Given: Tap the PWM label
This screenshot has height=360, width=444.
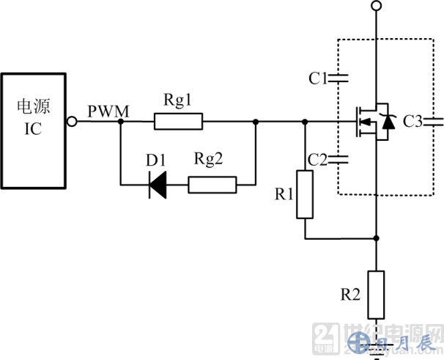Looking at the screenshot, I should [x=108, y=111].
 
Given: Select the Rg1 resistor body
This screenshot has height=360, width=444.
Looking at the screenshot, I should [x=178, y=122].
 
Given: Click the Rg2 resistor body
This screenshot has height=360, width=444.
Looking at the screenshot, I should [x=212, y=185].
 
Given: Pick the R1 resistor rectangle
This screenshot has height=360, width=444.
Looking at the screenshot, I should [x=306, y=194].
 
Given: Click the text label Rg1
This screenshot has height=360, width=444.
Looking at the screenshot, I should [x=177, y=99].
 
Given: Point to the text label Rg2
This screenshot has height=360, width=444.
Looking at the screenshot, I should [x=209, y=161].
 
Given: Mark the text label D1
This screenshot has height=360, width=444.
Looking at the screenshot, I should [x=156, y=161].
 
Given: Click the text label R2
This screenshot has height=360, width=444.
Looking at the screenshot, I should [x=351, y=295].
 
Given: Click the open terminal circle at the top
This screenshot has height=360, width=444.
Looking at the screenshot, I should [x=375, y=6].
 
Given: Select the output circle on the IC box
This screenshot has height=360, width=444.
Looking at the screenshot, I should [x=73, y=122].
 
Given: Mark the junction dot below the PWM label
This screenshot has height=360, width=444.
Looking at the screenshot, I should [x=119, y=122].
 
